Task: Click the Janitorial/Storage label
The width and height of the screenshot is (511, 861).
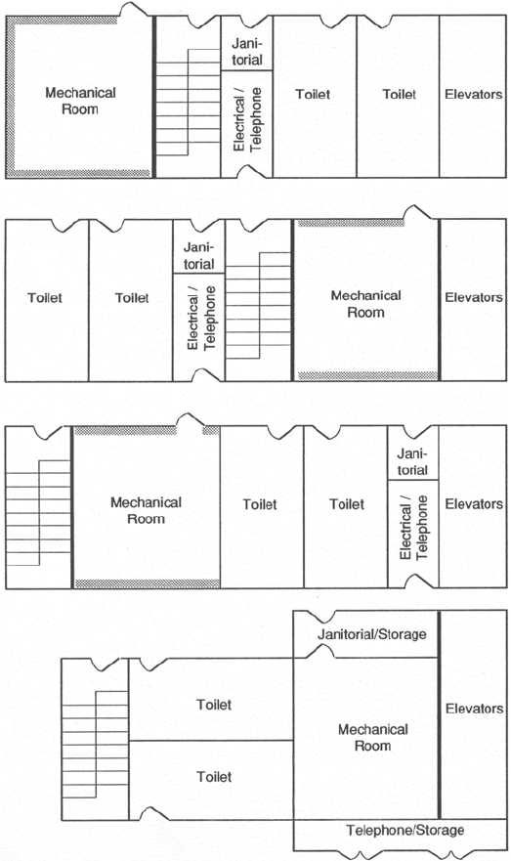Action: click(x=371, y=634)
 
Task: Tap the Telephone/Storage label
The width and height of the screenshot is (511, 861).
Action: click(x=405, y=831)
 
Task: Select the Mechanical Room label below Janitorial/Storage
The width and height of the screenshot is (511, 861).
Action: click(x=372, y=738)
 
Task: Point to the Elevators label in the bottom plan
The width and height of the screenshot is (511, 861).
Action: click(x=474, y=709)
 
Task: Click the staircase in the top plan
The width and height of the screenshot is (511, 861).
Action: click(x=189, y=103)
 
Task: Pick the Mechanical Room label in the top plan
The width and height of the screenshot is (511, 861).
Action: click(x=80, y=101)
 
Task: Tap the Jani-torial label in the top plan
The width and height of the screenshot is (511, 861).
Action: click(x=247, y=52)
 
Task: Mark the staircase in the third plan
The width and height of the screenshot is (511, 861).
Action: click(x=38, y=513)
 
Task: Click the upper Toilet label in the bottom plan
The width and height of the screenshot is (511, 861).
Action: click(x=214, y=705)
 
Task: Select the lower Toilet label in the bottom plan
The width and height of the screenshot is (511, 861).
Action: click(x=214, y=776)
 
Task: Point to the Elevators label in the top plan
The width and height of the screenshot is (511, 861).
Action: click(x=474, y=95)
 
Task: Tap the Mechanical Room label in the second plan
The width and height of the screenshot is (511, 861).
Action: click(x=366, y=304)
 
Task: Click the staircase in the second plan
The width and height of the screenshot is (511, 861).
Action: click(x=258, y=305)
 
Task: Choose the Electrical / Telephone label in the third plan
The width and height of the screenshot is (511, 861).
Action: click(x=414, y=528)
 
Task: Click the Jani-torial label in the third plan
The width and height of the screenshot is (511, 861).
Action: click(x=412, y=462)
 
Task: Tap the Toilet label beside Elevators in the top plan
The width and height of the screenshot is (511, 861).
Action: click(x=400, y=95)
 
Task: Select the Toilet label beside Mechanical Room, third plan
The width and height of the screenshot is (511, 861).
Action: click(x=260, y=504)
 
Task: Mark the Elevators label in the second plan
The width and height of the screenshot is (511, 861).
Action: click(x=474, y=298)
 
